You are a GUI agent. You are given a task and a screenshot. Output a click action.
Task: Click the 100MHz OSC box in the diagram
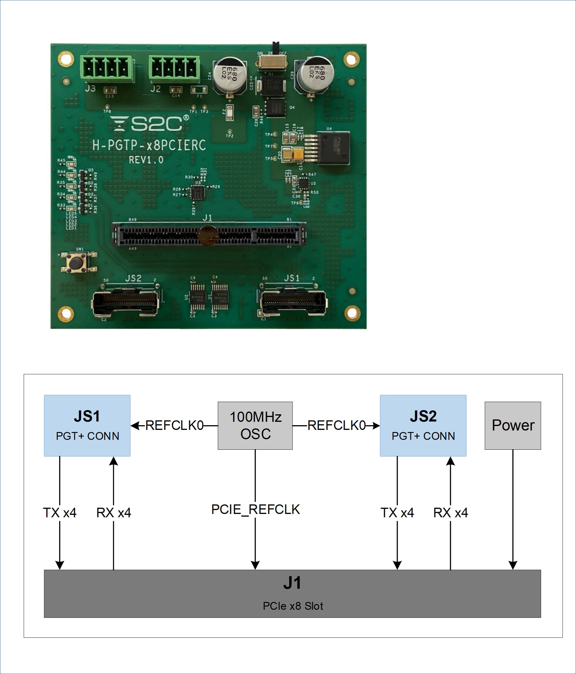click(x=255, y=425)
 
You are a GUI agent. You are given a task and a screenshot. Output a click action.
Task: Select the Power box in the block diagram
click(x=513, y=425)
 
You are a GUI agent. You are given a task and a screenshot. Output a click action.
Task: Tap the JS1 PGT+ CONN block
click(x=87, y=425)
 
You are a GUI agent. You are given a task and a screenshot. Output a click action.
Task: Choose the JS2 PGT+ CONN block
click(x=423, y=425)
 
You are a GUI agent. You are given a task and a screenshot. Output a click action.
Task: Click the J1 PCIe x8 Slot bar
click(x=292, y=593)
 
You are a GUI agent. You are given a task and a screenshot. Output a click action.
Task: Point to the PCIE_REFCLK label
click(x=256, y=509)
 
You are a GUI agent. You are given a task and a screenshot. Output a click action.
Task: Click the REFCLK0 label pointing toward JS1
click(x=174, y=425)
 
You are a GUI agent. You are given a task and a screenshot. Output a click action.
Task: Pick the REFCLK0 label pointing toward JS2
click(x=336, y=425)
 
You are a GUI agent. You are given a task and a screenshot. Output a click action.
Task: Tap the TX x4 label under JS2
click(x=397, y=513)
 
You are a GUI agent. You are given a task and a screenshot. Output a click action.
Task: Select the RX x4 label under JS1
click(x=114, y=513)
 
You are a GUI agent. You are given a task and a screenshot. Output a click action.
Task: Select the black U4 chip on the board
click(x=333, y=148)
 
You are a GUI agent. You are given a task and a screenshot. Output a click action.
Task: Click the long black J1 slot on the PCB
click(x=209, y=234)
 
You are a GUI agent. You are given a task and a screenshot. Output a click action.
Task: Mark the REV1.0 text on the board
click(x=146, y=160)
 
